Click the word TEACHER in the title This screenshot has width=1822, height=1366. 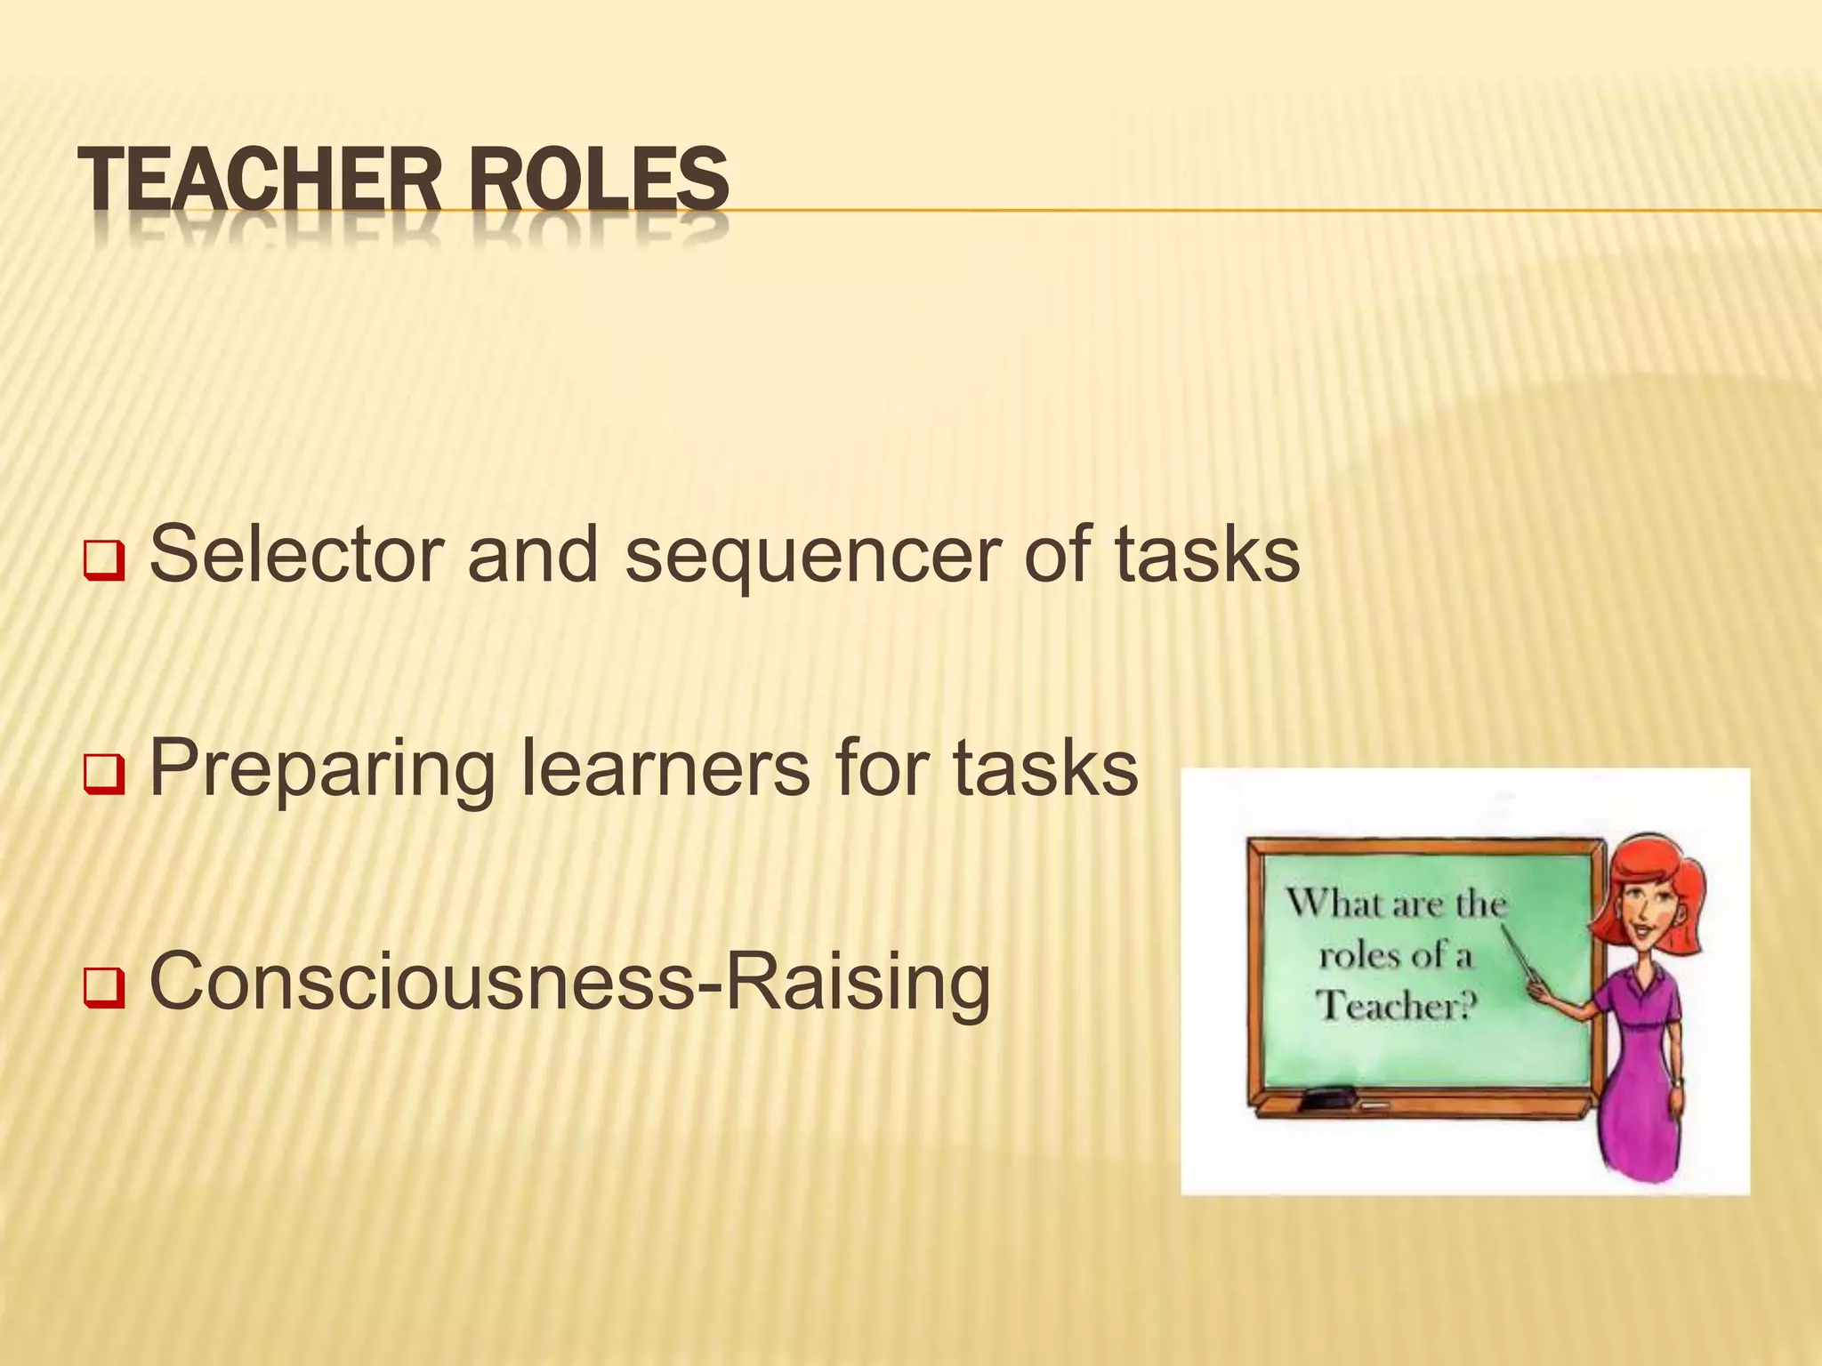pos(259,181)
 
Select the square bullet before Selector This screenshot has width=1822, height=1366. pos(105,563)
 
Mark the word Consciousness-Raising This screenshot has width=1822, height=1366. pos(570,981)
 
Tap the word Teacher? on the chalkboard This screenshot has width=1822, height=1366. pos(1395,1006)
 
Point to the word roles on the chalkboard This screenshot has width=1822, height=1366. pos(1357,956)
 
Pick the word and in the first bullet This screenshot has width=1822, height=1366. pos(532,554)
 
